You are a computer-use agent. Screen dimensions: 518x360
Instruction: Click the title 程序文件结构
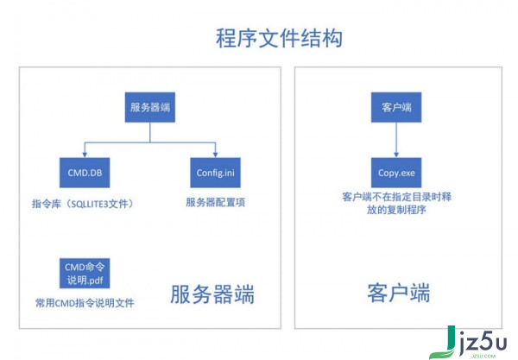(x=279, y=38)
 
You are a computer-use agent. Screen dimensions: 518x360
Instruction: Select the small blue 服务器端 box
(x=150, y=107)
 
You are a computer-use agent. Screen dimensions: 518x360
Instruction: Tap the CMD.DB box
(x=85, y=173)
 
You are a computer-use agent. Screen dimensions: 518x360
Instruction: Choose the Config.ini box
(x=215, y=173)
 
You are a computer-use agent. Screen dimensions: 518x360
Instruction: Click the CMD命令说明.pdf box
(x=85, y=274)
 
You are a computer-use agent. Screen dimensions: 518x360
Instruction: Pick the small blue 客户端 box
(x=396, y=107)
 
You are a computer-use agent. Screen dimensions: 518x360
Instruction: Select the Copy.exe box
(x=396, y=173)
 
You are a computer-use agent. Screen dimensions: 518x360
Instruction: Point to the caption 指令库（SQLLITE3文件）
(x=83, y=204)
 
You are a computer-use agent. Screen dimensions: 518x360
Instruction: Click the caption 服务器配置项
(x=215, y=202)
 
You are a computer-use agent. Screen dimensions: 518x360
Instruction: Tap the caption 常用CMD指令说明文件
(x=85, y=303)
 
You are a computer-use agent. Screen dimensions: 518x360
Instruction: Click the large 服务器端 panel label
(x=212, y=294)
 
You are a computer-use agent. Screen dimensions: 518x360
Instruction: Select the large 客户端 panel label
(x=399, y=293)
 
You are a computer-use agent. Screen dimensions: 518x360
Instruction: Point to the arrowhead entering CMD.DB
(x=85, y=155)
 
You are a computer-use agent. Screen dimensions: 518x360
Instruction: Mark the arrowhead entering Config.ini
(x=215, y=155)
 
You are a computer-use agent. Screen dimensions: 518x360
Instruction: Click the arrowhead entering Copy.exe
(x=396, y=155)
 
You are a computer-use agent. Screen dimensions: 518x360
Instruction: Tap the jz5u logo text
(x=483, y=342)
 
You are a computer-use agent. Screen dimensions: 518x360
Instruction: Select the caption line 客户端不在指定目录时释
(x=396, y=197)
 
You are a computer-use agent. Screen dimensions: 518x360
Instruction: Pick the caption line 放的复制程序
(x=396, y=210)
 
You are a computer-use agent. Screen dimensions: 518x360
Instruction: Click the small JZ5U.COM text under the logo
(x=483, y=356)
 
